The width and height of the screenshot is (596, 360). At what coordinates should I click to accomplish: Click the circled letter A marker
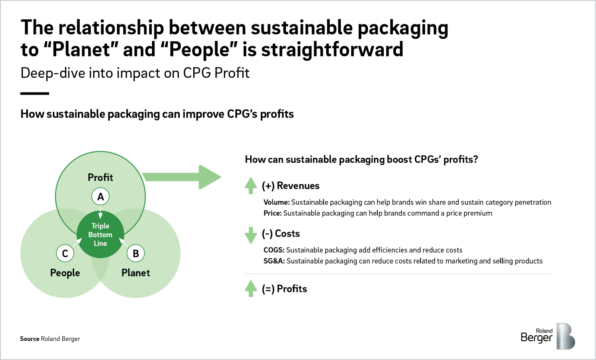pos(100,197)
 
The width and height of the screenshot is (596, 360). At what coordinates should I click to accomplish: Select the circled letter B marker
pos(136,254)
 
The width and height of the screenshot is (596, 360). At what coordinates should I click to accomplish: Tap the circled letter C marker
pos(65,254)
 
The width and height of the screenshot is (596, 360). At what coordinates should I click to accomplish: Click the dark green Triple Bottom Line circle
pos(100,235)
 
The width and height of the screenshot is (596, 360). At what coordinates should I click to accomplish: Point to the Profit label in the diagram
pos(100,177)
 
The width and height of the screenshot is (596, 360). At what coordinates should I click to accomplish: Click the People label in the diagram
pos(65,273)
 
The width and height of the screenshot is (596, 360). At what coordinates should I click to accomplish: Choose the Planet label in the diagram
pos(136,273)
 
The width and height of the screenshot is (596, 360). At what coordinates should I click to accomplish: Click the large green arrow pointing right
pos(182,177)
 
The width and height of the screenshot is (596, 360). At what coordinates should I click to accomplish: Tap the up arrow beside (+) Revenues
pos(251,185)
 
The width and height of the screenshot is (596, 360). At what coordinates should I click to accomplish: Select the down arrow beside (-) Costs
pos(251,235)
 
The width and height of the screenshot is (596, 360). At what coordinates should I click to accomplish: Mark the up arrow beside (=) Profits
pos(251,289)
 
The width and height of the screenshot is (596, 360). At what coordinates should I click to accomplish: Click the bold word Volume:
pos(277,202)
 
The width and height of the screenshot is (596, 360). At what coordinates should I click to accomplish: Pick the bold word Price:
pos(273,213)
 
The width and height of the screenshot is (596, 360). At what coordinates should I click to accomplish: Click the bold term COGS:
pos(274,250)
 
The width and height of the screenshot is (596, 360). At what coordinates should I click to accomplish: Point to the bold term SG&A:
pos(274,261)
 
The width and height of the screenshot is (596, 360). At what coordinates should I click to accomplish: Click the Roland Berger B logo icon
pos(566,336)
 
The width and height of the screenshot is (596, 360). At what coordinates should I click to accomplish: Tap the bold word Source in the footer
pos(29,339)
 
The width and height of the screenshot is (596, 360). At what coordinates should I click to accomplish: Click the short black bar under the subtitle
pos(35,93)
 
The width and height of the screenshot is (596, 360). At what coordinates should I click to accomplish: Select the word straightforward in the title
pos(332,50)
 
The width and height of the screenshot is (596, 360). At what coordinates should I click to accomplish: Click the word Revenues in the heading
pos(298,185)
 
